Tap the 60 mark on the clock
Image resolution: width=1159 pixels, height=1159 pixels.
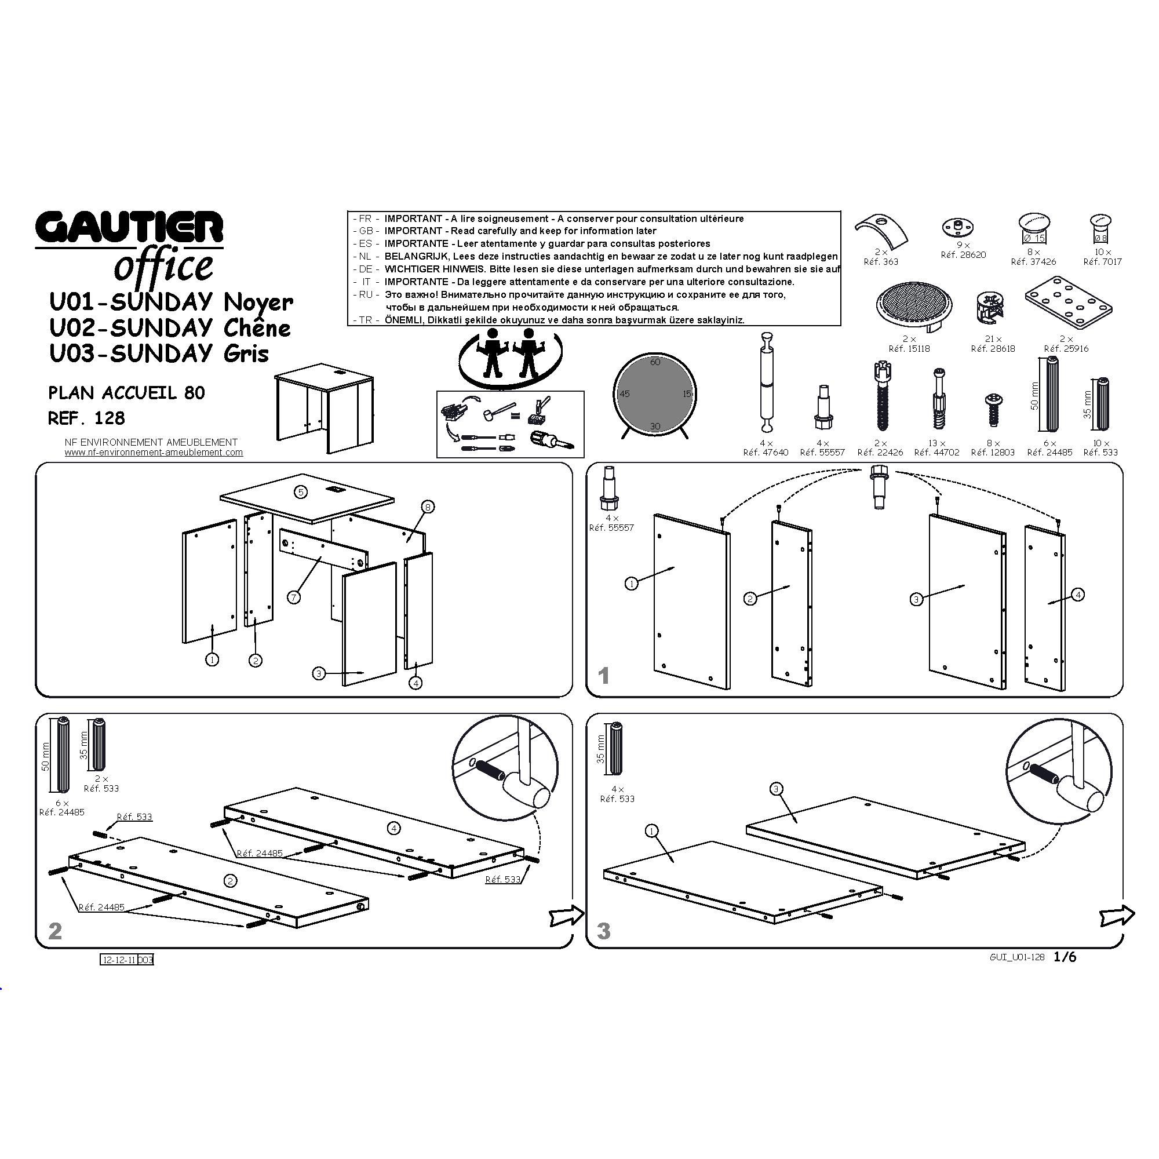[655, 362]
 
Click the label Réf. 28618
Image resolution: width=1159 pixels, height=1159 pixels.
[993, 348]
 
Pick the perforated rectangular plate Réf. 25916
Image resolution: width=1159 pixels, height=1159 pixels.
[1068, 303]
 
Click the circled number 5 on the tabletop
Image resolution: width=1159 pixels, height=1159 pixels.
[301, 492]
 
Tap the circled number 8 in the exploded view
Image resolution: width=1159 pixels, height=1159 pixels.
[428, 507]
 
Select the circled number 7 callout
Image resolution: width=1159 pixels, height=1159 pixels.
[294, 597]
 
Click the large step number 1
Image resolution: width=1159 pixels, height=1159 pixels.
[604, 676]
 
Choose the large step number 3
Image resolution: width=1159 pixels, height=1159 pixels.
[604, 931]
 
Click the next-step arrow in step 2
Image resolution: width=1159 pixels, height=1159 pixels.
[566, 915]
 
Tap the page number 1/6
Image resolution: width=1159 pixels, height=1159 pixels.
[1065, 957]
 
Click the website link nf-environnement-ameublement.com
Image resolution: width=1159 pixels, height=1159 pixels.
[154, 453]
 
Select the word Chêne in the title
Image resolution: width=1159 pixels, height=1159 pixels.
[257, 327]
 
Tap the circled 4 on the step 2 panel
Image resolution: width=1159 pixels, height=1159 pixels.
[393, 829]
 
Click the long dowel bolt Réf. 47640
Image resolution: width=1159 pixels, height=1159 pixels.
[766, 382]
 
